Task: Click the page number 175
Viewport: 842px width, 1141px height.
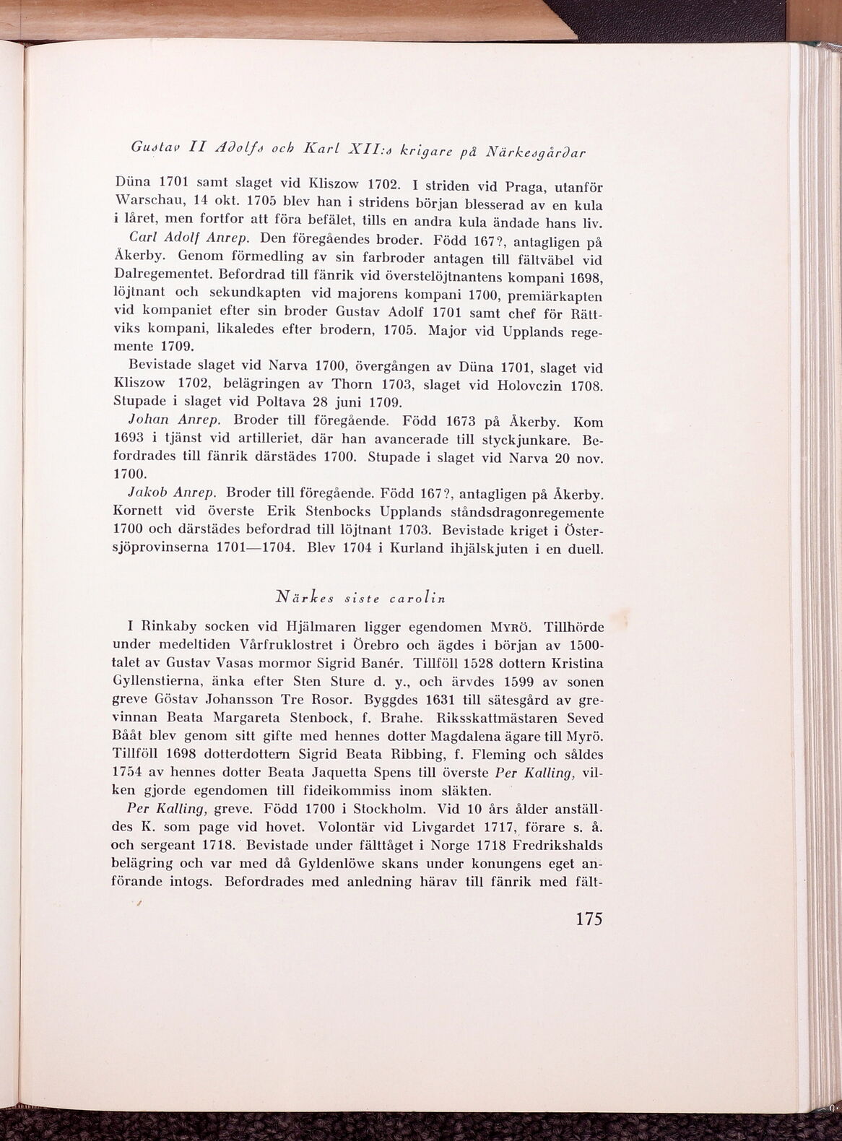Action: coord(588,919)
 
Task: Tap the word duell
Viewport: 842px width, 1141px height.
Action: coord(582,548)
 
